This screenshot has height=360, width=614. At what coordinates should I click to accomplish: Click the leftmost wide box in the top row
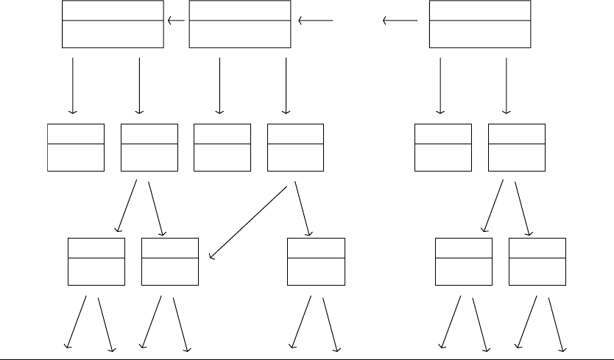coord(113,24)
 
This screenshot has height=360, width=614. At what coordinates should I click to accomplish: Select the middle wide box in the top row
coord(239,24)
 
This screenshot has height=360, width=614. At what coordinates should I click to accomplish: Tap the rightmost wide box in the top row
coord(479,24)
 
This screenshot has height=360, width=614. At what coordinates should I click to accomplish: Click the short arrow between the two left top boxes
coord(176,21)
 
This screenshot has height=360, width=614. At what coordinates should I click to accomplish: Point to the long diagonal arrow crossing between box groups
coord(248,222)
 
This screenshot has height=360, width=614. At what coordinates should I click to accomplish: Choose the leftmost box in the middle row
coord(76,147)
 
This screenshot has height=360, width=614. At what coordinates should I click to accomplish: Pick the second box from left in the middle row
coord(149,147)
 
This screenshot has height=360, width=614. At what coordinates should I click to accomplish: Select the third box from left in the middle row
coord(222,147)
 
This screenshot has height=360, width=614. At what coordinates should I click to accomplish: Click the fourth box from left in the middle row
coord(295,147)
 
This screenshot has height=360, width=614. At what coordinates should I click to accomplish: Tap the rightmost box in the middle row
coord(517,147)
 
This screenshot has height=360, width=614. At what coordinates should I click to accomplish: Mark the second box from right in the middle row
coord(443,147)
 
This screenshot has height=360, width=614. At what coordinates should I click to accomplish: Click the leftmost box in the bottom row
coord(96,261)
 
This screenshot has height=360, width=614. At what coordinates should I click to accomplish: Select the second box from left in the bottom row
coord(169,261)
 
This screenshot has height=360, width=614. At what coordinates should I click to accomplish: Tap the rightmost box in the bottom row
coord(537,261)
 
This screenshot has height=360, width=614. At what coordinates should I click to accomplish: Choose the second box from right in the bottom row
coord(464,261)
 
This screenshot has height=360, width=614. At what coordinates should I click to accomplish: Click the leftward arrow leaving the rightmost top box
coord(400,21)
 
